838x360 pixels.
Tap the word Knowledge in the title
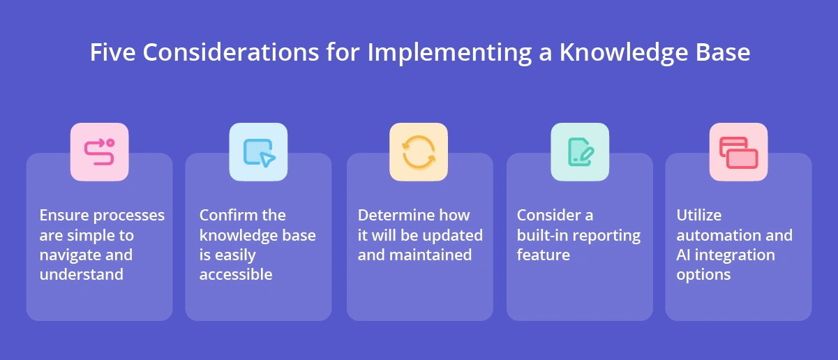click(624, 53)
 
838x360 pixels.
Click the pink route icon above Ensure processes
click(99, 152)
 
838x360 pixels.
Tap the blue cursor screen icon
click(258, 152)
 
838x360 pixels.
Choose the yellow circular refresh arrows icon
click(419, 152)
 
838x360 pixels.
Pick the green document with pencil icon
click(580, 152)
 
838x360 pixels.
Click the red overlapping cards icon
click(738, 152)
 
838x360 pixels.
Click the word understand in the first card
click(81, 274)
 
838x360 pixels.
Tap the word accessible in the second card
click(236, 274)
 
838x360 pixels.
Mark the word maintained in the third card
click(430, 255)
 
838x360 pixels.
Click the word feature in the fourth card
click(543, 255)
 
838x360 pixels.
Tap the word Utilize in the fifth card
click(698, 215)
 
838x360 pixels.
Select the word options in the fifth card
click(703, 274)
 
